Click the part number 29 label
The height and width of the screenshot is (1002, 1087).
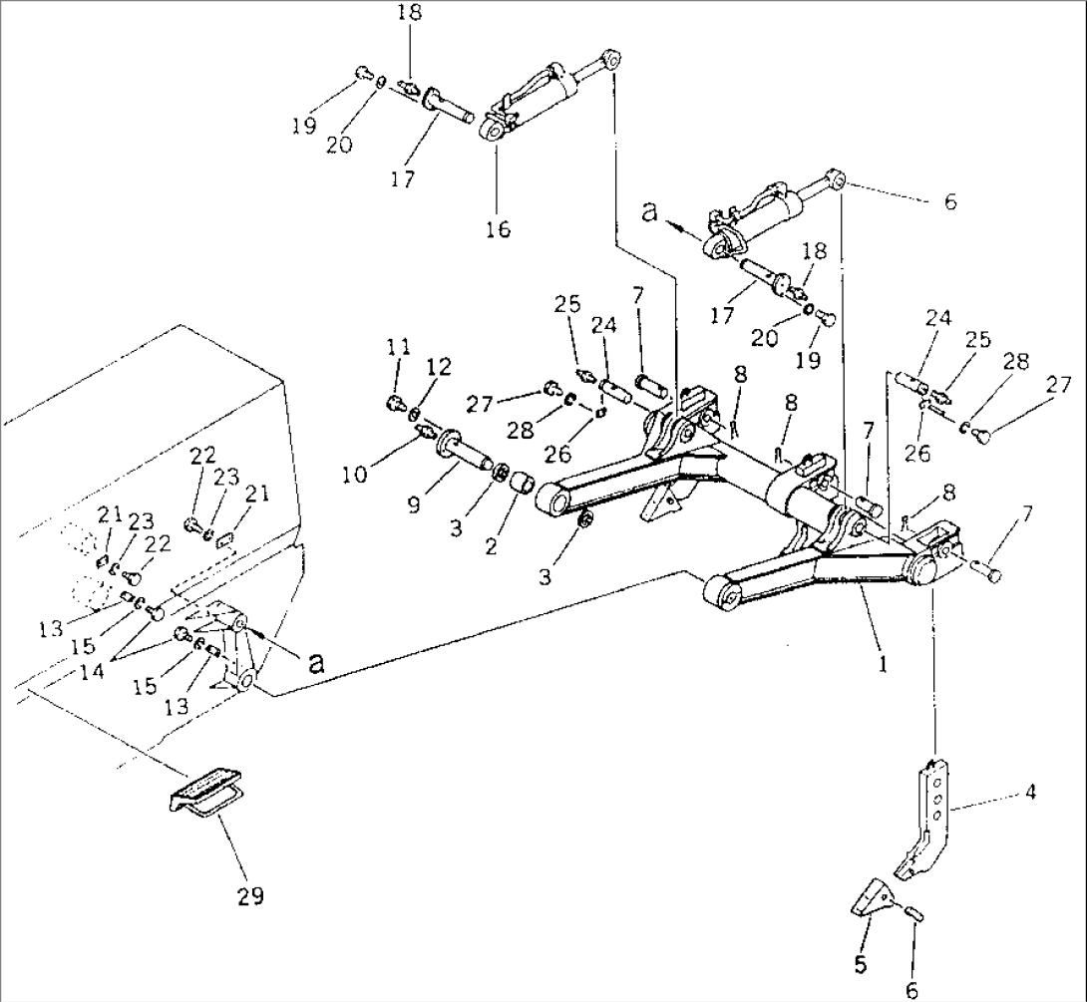pyautogui.click(x=250, y=895)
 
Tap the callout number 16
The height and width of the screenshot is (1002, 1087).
pyautogui.click(x=498, y=229)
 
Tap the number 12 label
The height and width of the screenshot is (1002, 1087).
pyautogui.click(x=439, y=367)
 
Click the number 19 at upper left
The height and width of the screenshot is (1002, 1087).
pyautogui.click(x=305, y=126)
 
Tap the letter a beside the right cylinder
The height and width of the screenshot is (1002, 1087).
pyautogui.click(x=651, y=213)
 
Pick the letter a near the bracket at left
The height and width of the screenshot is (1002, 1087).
pyautogui.click(x=316, y=663)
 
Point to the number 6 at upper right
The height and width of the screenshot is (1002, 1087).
pyautogui.click(x=948, y=202)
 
